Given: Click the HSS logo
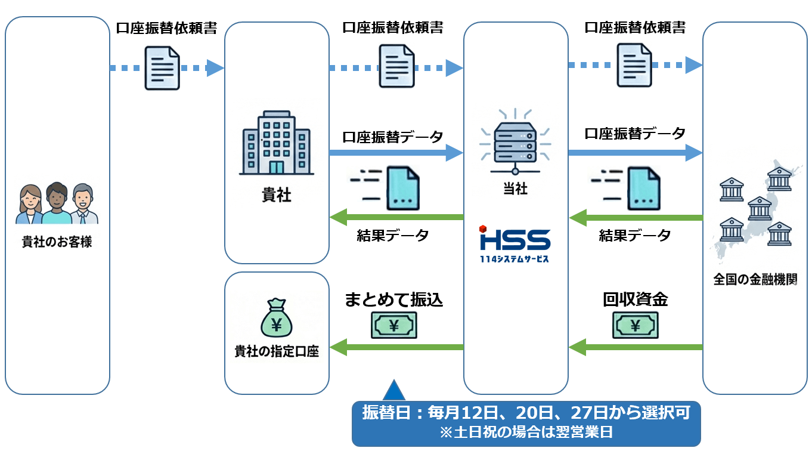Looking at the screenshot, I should tap(515, 239).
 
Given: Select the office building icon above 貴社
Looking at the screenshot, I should tap(277, 143).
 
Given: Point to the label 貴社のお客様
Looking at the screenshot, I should tap(57, 242).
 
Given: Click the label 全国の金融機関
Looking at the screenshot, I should tap(755, 279).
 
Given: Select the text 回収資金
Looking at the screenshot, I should tap(635, 299).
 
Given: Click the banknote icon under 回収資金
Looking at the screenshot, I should tap(636, 326).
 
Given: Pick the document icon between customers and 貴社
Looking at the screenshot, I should tap(162, 69).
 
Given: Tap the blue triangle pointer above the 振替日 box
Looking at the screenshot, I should tap(393, 390).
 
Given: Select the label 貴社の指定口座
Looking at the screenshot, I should tap(277, 351).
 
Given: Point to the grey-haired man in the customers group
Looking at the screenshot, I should tap(83, 203).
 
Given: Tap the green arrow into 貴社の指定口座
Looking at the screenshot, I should tap(396, 347).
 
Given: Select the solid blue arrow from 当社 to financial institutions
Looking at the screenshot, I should tap(635, 153).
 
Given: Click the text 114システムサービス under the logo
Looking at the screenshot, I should tap(515, 259).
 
